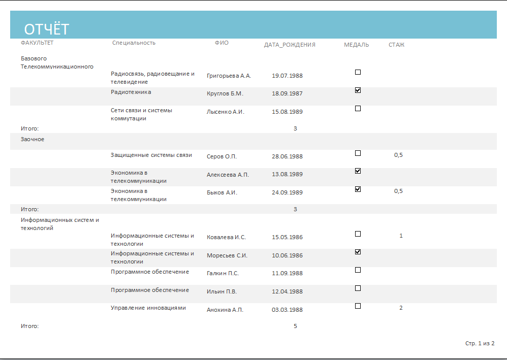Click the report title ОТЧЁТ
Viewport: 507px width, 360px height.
(47, 29)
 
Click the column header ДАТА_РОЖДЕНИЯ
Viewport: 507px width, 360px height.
(290, 45)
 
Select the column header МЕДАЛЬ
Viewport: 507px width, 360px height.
(356, 45)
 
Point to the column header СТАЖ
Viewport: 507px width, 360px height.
(396, 45)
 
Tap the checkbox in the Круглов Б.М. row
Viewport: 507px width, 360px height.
(358, 90)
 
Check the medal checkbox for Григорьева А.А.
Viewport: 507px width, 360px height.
(358, 72)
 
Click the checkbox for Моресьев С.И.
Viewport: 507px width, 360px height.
(358, 252)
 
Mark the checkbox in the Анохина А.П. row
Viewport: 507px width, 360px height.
(358, 306)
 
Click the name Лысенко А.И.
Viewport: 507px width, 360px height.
(226, 112)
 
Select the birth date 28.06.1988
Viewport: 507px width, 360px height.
(287, 156)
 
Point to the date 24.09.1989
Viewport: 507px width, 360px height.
(287, 192)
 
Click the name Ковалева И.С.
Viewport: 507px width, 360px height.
(227, 237)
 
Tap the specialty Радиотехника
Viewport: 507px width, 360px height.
(131, 92)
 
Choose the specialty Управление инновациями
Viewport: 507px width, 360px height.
(148, 308)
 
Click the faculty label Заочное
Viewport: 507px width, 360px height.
(33, 139)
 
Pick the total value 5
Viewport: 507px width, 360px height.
(295, 326)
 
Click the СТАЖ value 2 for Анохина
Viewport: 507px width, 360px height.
(401, 308)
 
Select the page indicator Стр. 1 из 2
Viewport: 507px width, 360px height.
(480, 343)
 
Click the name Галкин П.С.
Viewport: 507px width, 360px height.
(223, 273)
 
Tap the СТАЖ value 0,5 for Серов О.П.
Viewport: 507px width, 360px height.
(398, 155)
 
